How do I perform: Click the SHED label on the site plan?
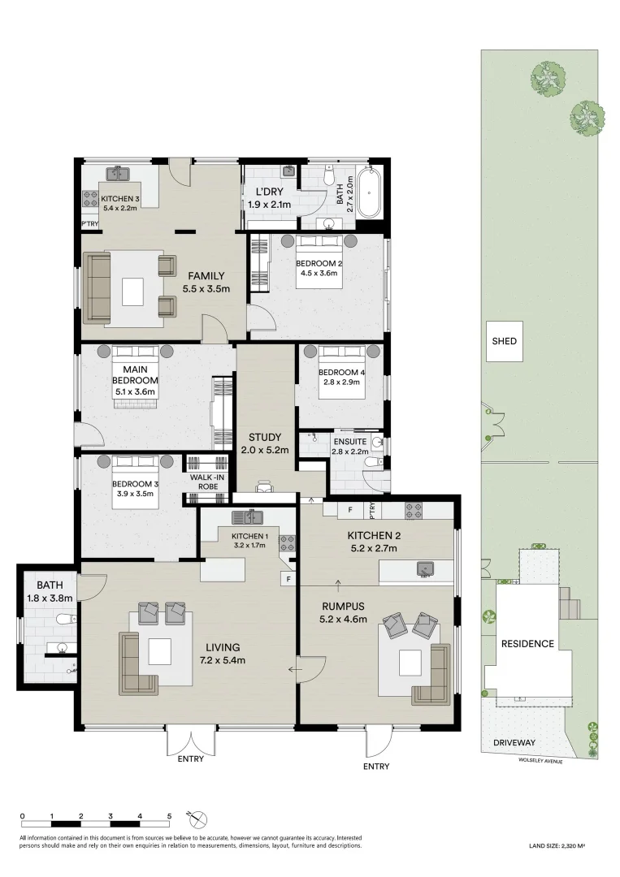(504, 341)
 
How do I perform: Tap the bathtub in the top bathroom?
(369, 192)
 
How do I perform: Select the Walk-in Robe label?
(207, 482)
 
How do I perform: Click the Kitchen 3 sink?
(119, 174)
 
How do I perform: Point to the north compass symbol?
(198, 819)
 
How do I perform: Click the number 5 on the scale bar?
(170, 816)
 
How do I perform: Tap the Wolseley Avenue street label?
(540, 761)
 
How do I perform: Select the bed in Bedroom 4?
(341, 371)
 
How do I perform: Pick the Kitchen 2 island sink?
(425, 569)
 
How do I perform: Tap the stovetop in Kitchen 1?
(287, 543)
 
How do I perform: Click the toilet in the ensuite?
(374, 461)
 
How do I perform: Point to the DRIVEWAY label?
(514, 743)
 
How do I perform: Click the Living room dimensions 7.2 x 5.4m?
(223, 660)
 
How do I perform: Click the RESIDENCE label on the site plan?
(527, 644)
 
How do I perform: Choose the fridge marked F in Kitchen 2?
(350, 509)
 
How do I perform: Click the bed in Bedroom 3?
(135, 482)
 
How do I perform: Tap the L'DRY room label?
(269, 192)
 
